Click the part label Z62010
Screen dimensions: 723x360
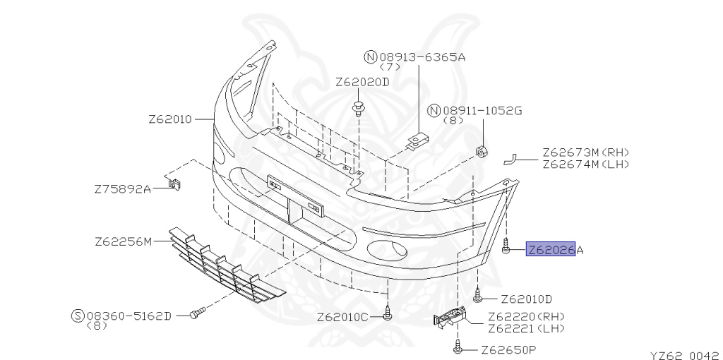click(x=169, y=119)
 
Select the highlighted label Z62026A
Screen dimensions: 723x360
click(x=556, y=250)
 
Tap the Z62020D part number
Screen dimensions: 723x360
click(x=362, y=82)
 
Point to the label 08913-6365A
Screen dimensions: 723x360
click(x=422, y=57)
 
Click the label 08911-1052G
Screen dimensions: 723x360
click(x=483, y=111)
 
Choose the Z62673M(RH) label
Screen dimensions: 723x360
click(x=585, y=152)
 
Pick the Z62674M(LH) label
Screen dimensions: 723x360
click(x=585, y=164)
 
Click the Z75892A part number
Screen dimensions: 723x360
click(x=123, y=189)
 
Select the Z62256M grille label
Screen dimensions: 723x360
click(x=124, y=241)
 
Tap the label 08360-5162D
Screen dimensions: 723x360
click(x=129, y=316)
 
